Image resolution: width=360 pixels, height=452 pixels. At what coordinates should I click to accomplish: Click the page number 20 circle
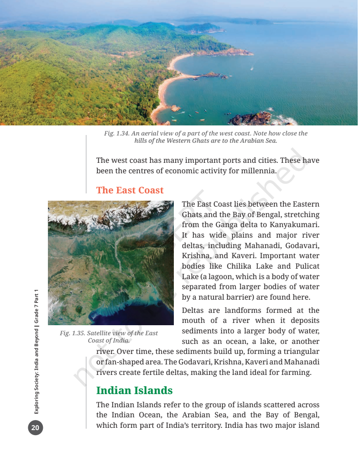click(36, 428)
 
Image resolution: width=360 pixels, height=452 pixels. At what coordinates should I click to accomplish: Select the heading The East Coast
click(130, 190)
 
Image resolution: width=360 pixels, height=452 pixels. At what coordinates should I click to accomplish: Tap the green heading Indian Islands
click(134, 390)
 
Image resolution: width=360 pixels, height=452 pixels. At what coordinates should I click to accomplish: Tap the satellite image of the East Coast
click(111, 263)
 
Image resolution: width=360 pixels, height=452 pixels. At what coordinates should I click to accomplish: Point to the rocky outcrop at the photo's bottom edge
click(251, 119)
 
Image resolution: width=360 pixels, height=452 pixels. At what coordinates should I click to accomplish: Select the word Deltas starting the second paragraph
click(193, 311)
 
